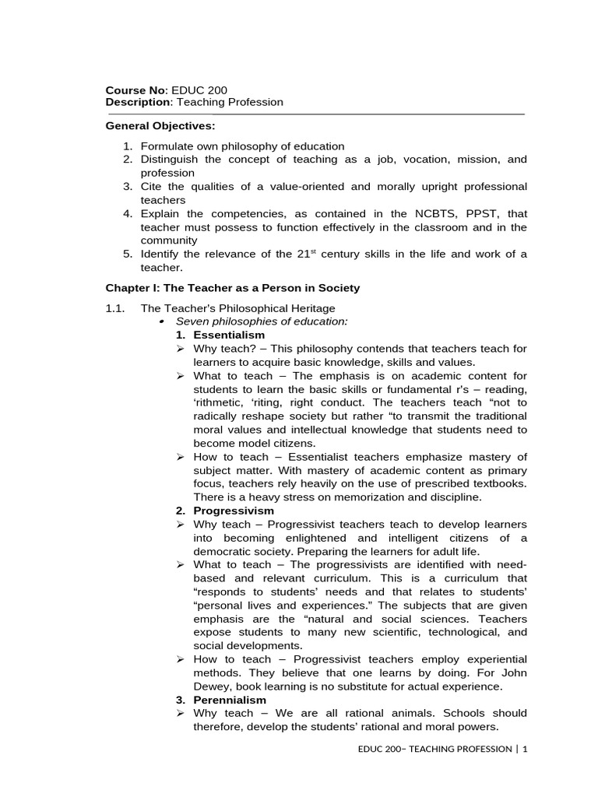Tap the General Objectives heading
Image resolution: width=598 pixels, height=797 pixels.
point(160,125)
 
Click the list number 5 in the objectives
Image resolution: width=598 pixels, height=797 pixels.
point(128,255)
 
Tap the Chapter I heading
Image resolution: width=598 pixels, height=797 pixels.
point(233,288)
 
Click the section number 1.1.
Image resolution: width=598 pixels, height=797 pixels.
point(115,308)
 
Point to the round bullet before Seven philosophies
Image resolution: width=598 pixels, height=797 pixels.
point(161,321)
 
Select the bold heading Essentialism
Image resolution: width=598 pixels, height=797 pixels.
point(229,335)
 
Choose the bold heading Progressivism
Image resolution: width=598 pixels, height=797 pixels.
point(234,511)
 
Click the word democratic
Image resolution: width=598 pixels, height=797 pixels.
point(223,551)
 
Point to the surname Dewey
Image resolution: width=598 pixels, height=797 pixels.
point(211,686)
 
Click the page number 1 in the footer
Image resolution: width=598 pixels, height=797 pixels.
point(525,749)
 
